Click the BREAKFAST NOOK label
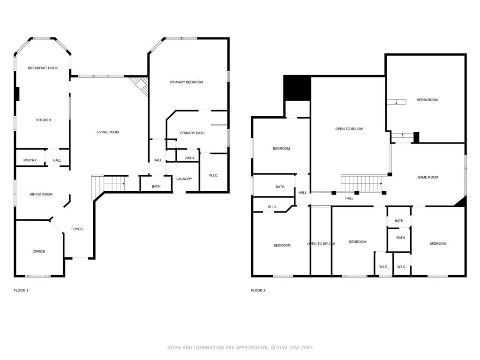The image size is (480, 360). click(43, 68)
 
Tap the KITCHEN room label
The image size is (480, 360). click(44, 120)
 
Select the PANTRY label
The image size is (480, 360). click(30, 160)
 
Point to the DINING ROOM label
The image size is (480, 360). click(41, 195)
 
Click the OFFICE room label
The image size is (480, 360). click(39, 251)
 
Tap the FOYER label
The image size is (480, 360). click(77, 229)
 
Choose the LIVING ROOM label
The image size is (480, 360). click(108, 132)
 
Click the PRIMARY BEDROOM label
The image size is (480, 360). click(186, 82)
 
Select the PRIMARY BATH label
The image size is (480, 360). click(192, 133)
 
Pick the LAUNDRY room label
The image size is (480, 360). click(184, 179)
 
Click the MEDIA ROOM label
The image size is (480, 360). click(427, 100)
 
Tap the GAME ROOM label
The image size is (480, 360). click(428, 177)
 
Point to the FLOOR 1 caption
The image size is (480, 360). click(21, 290)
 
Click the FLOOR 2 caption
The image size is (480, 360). click(258, 290)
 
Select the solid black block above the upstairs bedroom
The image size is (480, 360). click(297, 88)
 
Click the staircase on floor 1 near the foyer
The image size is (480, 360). click(112, 183)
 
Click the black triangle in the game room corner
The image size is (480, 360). click(461, 202)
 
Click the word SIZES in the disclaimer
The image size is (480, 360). click(174, 347)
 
